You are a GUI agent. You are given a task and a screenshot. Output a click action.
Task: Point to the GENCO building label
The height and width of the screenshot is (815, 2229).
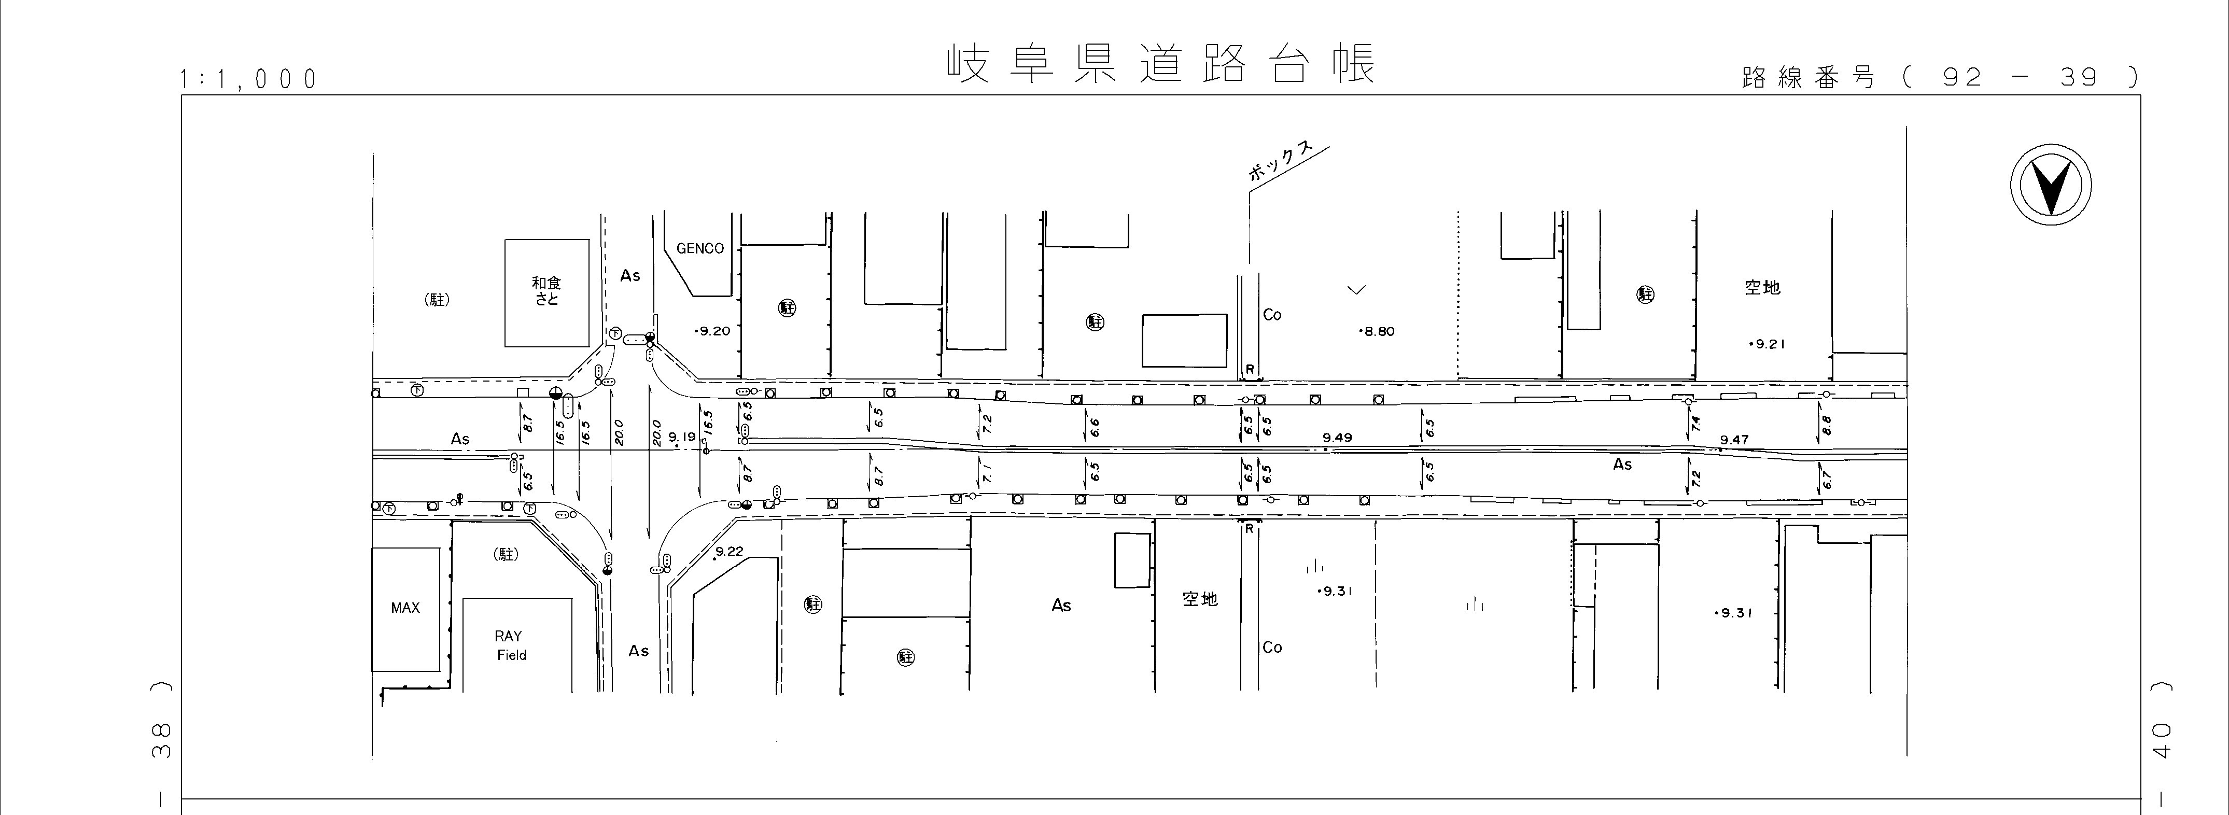coord(700,248)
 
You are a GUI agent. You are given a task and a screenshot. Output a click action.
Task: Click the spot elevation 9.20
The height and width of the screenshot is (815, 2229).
coord(713,330)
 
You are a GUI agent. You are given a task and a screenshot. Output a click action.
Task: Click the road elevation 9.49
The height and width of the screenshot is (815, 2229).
coord(1337,438)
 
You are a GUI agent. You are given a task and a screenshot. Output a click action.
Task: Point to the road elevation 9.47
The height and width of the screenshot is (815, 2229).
coord(1734,440)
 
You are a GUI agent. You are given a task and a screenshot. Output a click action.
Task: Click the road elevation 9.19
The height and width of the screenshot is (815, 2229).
coord(682,438)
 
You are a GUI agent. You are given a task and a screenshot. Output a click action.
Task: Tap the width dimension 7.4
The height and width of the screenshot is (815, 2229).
coord(1695,424)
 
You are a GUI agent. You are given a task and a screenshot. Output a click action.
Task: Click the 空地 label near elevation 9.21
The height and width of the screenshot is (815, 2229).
coord(1762,287)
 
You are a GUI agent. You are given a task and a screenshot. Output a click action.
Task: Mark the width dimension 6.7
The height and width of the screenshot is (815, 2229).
coord(1827,479)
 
